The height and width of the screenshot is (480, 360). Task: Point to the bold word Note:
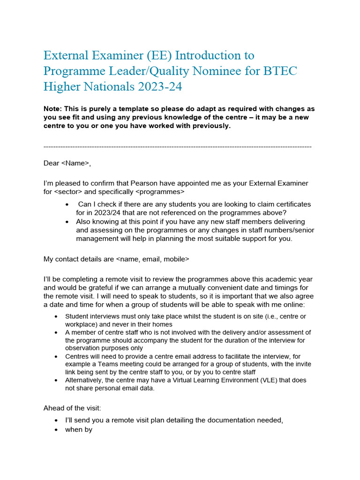(53, 109)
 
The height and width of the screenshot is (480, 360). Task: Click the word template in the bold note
(135, 109)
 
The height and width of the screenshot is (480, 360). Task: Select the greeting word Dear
(51, 163)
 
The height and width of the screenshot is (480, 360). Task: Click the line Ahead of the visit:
(72, 408)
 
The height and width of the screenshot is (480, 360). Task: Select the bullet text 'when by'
(79, 429)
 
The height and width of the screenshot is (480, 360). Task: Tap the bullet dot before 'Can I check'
(68, 205)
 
